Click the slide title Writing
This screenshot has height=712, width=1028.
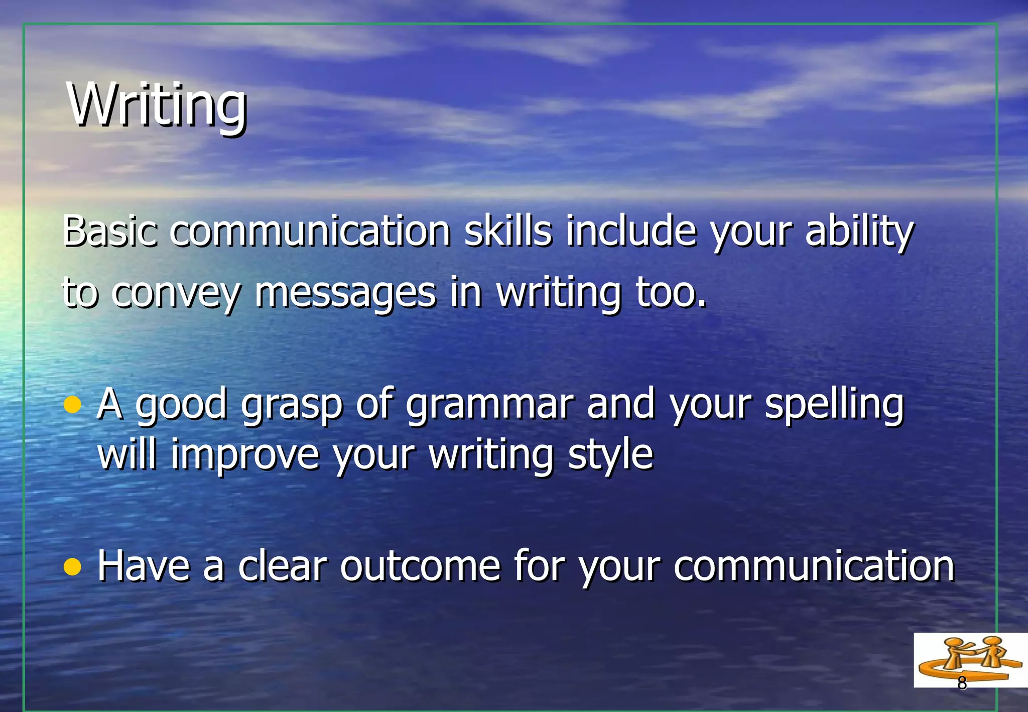tap(157, 105)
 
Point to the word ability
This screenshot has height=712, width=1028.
tap(859, 232)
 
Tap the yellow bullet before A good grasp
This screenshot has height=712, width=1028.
tap(73, 405)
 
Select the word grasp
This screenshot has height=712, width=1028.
tap(292, 405)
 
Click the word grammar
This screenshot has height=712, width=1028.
tap(489, 405)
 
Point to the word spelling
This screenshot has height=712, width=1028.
tap(833, 405)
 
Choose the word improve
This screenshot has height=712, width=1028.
tap(245, 455)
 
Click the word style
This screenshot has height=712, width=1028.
tap(610, 455)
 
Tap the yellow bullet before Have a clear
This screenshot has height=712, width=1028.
tap(73, 567)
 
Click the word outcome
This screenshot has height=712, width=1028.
tap(420, 567)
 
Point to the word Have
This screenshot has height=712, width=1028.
tap(144, 567)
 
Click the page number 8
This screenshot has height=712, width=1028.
tap(962, 683)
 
